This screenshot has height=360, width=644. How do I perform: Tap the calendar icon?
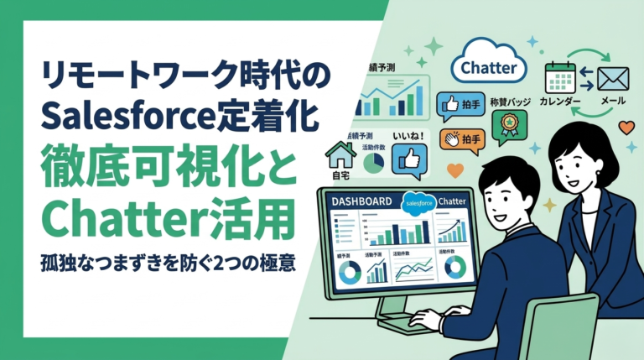point(560,78)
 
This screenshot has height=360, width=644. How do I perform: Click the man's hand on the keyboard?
point(426,318)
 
